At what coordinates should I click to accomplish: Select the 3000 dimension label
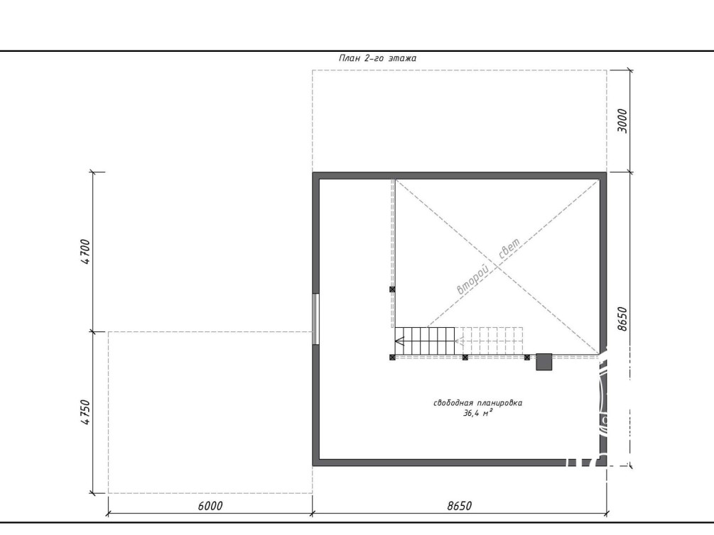[x=622, y=121]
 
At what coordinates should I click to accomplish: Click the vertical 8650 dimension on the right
[x=622, y=319]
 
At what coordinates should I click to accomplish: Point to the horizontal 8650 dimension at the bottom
[x=460, y=506]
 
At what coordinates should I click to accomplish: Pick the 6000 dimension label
[x=210, y=506]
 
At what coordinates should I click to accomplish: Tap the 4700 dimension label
[x=85, y=252]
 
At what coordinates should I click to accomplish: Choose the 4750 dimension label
[x=85, y=412]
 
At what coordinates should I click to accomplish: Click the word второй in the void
[x=472, y=280]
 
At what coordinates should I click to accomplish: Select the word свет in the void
[x=509, y=249]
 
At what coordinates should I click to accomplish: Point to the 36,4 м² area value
[x=477, y=413]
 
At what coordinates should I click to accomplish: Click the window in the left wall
[x=315, y=319]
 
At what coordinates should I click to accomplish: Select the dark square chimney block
[x=543, y=362]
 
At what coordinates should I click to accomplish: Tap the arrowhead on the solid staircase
[x=399, y=341]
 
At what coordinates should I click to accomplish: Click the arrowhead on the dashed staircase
[x=459, y=341]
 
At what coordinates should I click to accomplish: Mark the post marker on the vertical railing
[x=392, y=289]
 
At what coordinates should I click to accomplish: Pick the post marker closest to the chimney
[x=527, y=358]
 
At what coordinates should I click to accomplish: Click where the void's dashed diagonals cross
[x=497, y=267]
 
